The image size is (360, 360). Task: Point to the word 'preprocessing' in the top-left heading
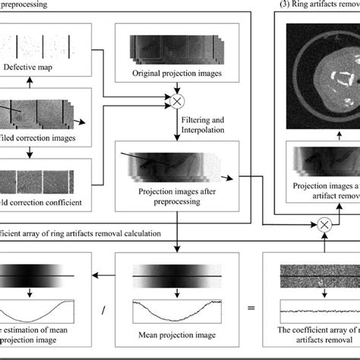click(x=23, y=4)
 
